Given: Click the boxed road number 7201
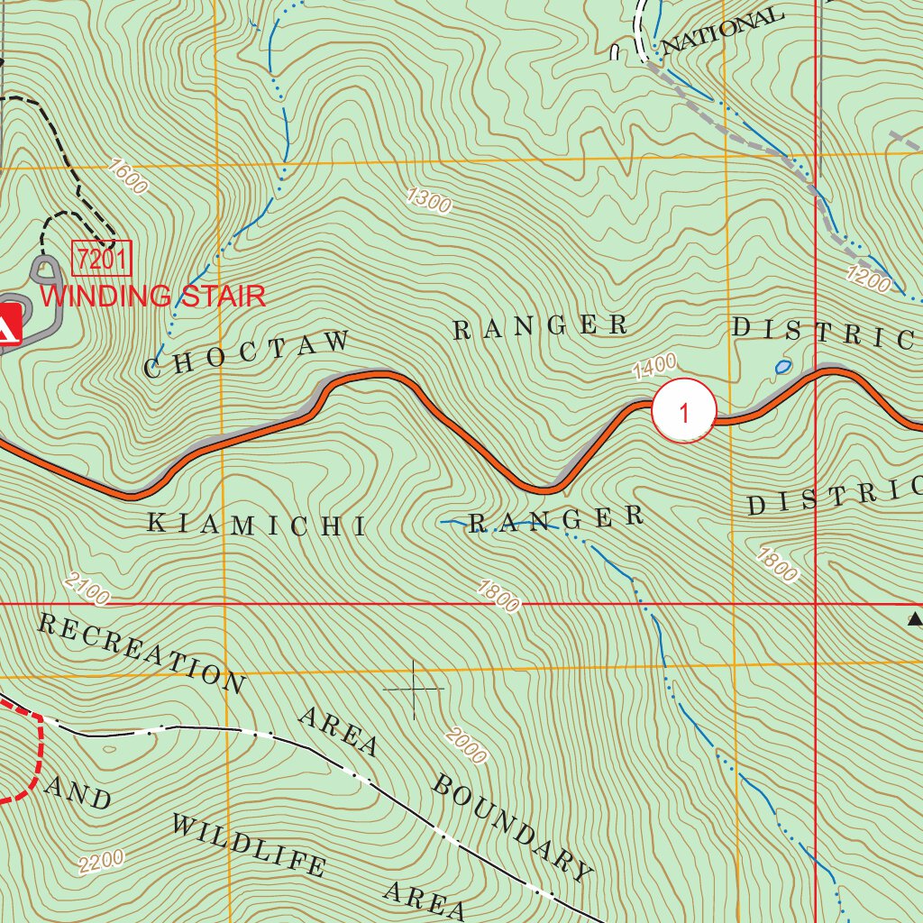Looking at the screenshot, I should (102, 260).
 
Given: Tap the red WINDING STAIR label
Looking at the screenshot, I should (153, 296).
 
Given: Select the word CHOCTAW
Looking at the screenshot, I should (247, 354).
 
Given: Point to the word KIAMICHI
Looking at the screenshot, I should (257, 525).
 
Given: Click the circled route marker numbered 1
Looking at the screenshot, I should (684, 412).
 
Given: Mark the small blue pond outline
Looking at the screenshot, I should (782, 367).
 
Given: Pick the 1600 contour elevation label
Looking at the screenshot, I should (126, 176).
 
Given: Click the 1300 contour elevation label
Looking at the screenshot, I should (429, 200).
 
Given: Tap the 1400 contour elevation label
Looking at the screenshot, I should (653, 366).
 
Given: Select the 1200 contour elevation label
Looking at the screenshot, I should (869, 279).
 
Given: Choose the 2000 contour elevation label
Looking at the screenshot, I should (465, 745).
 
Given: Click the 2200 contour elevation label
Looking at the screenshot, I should (101, 862).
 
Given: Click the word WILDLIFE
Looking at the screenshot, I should (248, 845).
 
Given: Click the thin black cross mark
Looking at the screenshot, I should (414, 690).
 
